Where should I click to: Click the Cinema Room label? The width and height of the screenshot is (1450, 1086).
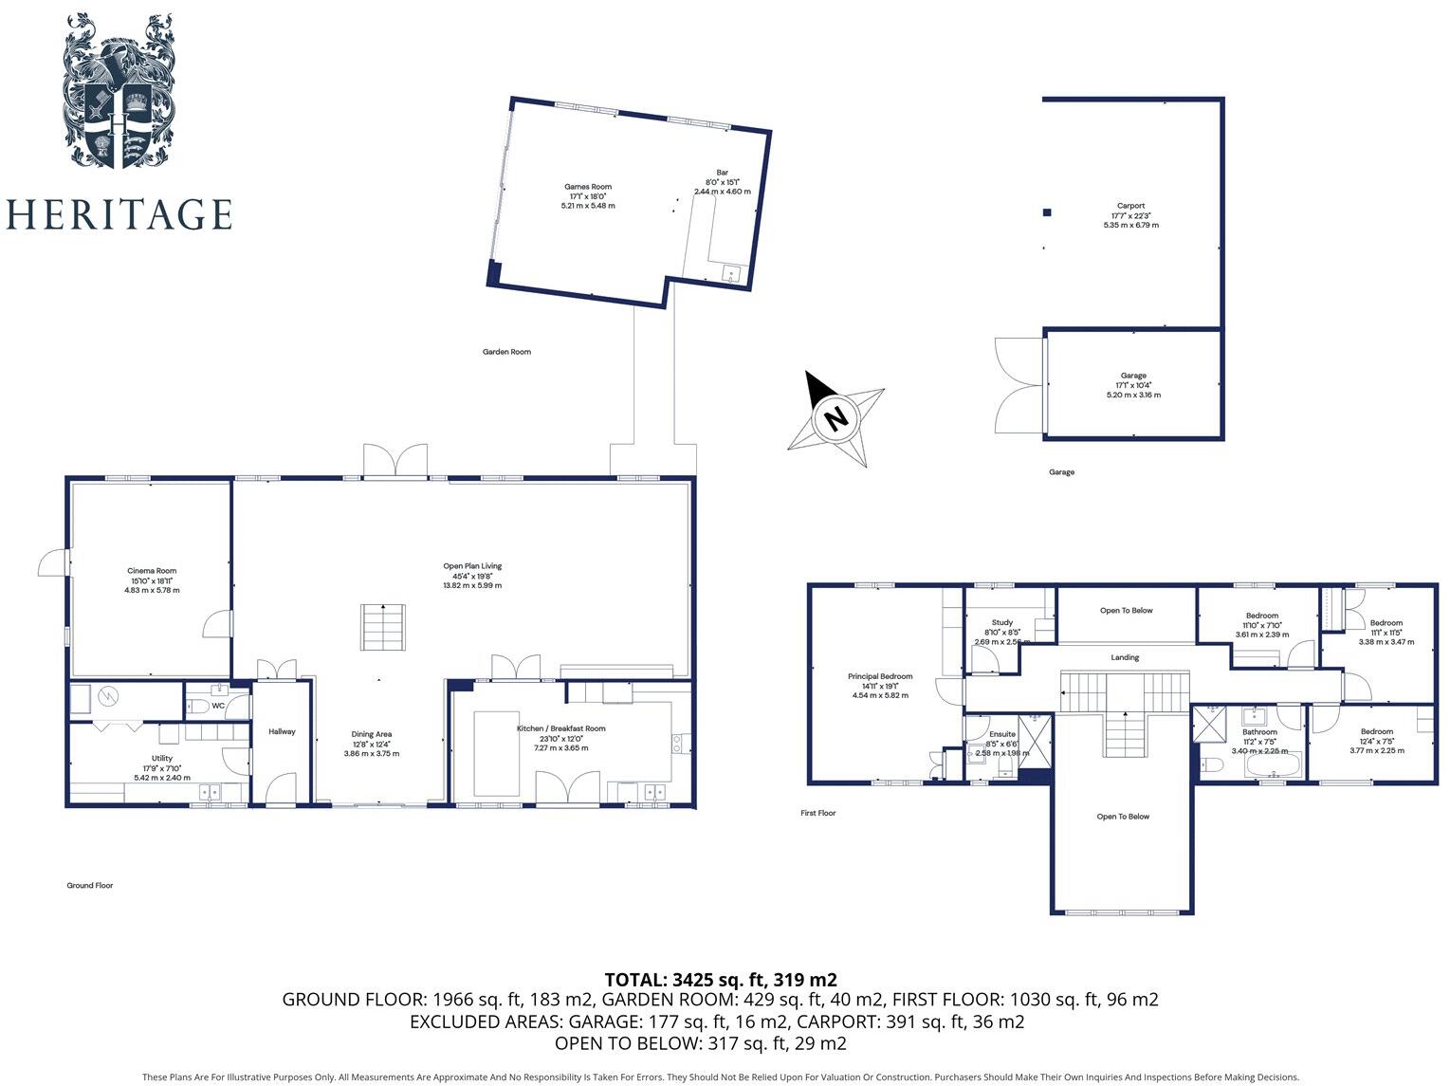click(x=152, y=571)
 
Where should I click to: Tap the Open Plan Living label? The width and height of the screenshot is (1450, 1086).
click(x=472, y=566)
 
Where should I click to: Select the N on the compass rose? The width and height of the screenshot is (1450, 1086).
click(x=835, y=418)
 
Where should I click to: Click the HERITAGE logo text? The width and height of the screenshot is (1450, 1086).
click(x=119, y=214)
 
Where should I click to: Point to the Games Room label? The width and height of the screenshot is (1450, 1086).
click(x=588, y=187)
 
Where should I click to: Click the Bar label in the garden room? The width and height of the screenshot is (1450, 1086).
click(x=722, y=173)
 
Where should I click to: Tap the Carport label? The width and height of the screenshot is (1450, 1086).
click(x=1130, y=206)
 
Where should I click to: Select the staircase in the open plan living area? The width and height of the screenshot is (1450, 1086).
click(x=381, y=628)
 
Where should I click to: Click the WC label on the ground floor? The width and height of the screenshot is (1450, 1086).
click(x=218, y=706)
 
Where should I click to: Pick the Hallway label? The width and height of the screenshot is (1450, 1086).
click(x=282, y=731)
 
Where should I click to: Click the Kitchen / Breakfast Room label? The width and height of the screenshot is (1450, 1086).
click(x=560, y=728)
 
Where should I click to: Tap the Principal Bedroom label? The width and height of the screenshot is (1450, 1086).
click(x=880, y=676)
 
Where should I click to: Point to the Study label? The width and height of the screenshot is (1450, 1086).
click(x=1001, y=623)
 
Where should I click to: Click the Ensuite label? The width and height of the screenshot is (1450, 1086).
click(x=1002, y=734)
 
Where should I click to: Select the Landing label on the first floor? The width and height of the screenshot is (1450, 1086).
click(x=1125, y=657)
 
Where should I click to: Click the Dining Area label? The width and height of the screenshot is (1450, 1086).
click(x=371, y=734)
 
